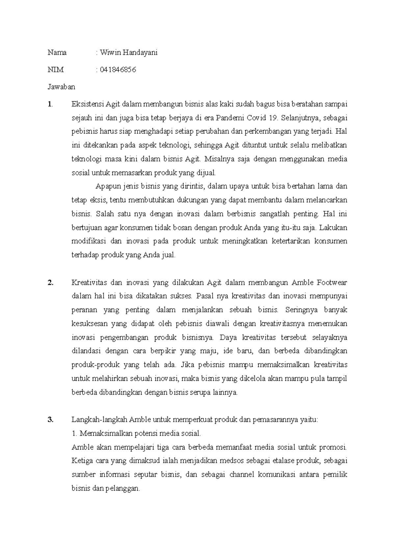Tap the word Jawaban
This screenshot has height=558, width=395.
click(61, 87)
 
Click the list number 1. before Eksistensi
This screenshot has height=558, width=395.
click(50, 104)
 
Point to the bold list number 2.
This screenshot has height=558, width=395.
click(50, 283)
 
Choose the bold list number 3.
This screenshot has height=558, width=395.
click(50, 420)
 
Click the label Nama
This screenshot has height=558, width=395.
click(57, 53)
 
